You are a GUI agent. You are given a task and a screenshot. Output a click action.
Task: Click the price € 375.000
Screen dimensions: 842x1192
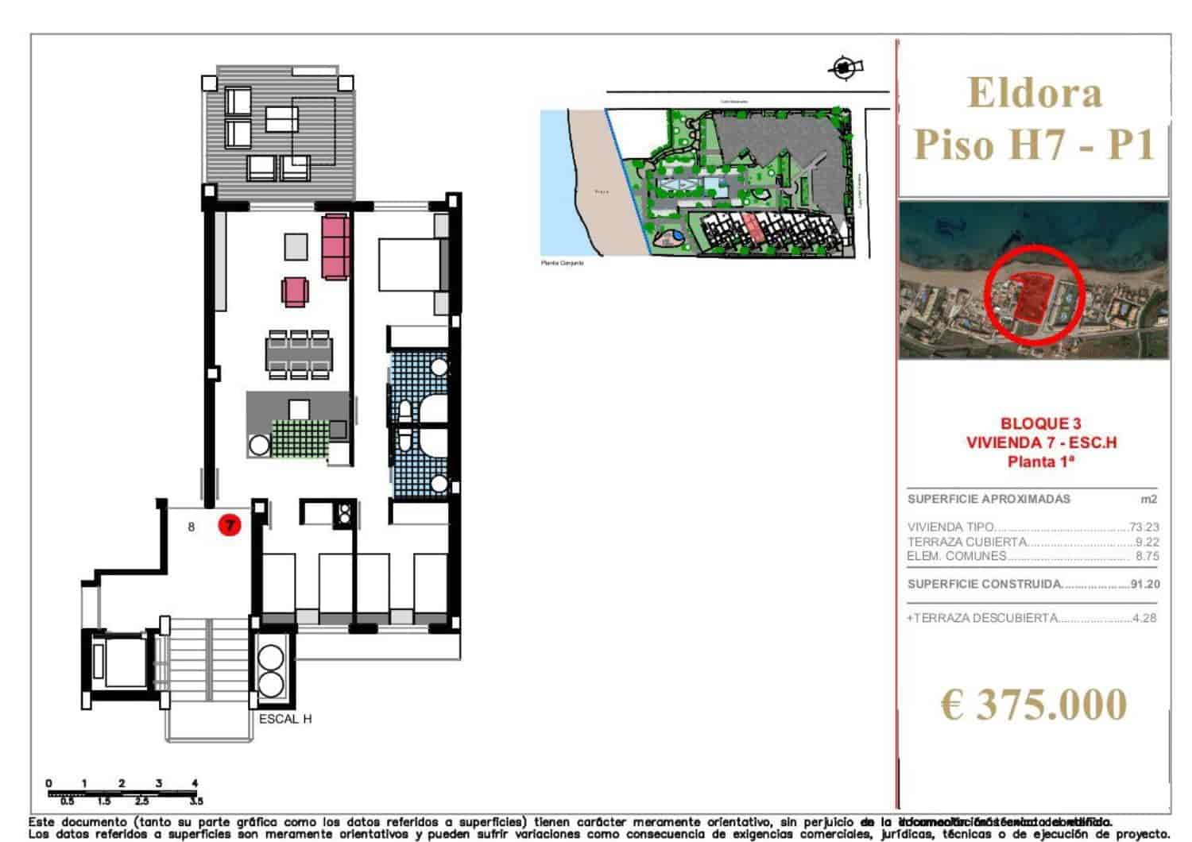[x=1034, y=705]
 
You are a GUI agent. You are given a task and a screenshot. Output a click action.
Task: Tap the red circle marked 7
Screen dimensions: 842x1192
[x=230, y=525]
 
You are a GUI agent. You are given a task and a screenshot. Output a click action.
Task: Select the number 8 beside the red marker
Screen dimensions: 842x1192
[x=192, y=526]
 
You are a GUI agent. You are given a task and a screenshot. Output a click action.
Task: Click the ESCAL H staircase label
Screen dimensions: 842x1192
[x=285, y=719]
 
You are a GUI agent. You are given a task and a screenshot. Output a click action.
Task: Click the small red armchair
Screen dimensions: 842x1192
[x=295, y=292]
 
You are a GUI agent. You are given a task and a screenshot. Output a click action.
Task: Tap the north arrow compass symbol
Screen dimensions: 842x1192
[x=844, y=68]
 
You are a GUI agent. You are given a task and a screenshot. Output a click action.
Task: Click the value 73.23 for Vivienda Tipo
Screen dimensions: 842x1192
[x=1144, y=527]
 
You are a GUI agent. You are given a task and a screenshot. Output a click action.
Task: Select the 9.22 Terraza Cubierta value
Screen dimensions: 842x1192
[x=1147, y=542]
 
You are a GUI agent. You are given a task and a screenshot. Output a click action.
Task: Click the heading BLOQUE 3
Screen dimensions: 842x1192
[x=1040, y=424]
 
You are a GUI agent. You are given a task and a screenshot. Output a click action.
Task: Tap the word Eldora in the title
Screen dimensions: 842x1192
[x=1035, y=93]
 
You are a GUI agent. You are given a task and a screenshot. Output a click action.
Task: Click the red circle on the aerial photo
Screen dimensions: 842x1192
[x=1033, y=294]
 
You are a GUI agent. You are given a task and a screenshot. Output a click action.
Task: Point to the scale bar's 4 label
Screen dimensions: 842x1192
[x=195, y=783]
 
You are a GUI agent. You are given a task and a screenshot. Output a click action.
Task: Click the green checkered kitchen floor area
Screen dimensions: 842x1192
[x=300, y=438]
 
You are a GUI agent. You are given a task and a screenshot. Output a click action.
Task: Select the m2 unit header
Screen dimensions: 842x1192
[x=1148, y=500]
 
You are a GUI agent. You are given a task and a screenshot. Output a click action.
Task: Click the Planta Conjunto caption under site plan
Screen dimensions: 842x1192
[x=563, y=262]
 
